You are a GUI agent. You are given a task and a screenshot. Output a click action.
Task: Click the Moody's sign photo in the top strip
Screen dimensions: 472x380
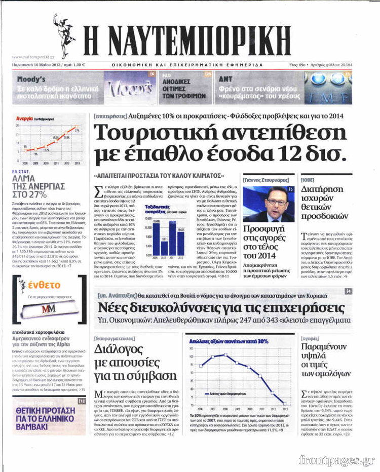tap(129, 85)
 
